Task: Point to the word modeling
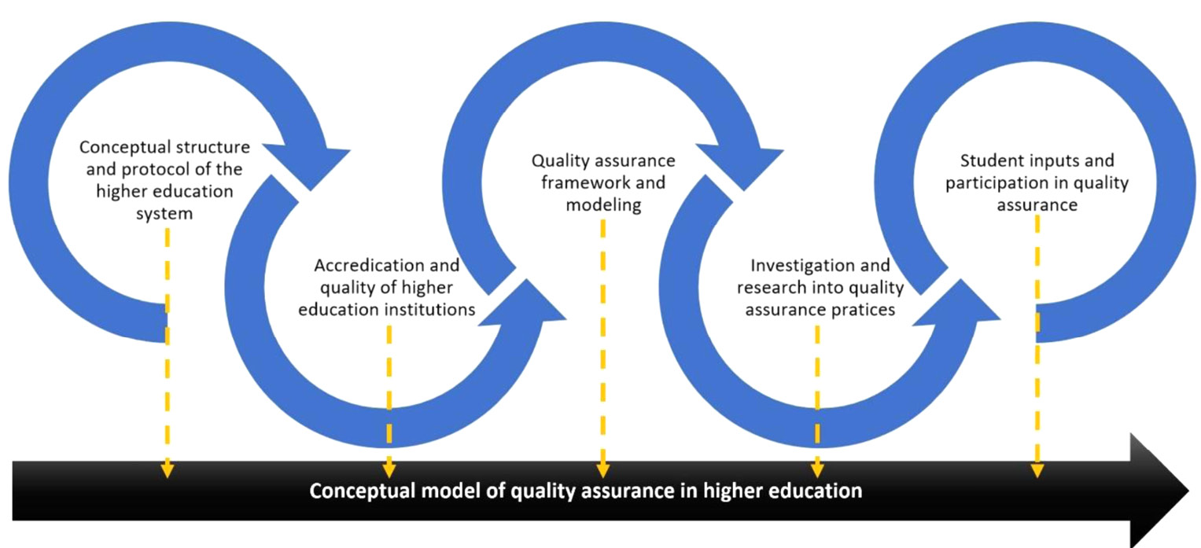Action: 602,206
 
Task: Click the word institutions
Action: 429,309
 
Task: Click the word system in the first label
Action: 165,213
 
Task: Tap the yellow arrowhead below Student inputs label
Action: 1037,470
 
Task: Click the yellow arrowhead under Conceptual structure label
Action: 167,470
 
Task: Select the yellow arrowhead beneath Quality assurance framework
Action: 602,470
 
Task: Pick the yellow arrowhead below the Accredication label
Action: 389,470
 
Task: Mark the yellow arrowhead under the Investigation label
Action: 817,470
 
